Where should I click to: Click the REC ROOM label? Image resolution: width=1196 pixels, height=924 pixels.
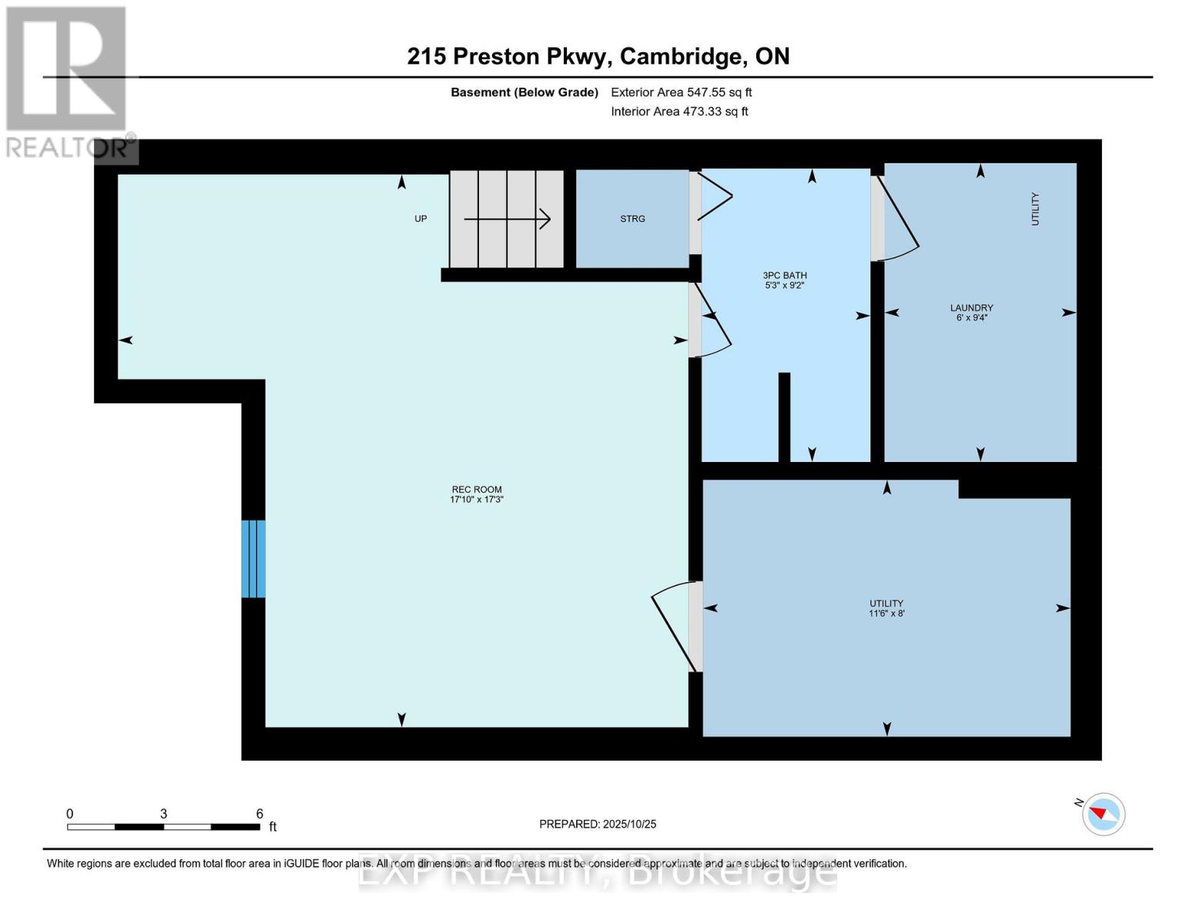pyautogui.click(x=476, y=489)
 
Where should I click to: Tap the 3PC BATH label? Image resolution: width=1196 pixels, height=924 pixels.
pyautogui.click(x=784, y=275)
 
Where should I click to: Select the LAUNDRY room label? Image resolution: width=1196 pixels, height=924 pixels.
pyautogui.click(x=971, y=307)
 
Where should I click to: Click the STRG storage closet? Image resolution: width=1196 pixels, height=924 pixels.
pyautogui.click(x=632, y=219)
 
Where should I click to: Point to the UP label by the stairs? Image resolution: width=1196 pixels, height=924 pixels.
pyautogui.click(x=420, y=219)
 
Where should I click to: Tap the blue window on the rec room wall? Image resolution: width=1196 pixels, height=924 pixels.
pyautogui.click(x=253, y=559)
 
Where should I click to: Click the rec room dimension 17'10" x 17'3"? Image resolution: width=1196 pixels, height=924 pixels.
pyautogui.click(x=476, y=500)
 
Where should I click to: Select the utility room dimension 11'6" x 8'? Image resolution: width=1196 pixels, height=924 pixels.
pyautogui.click(x=886, y=614)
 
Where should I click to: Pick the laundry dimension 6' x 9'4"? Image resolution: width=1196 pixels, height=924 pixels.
pyautogui.click(x=971, y=317)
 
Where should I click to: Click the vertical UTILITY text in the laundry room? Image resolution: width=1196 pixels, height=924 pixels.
pyautogui.click(x=1035, y=209)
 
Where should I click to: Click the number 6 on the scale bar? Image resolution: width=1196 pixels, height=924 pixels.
pyautogui.click(x=260, y=814)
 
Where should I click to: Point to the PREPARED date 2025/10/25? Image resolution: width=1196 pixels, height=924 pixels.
pyautogui.click(x=598, y=824)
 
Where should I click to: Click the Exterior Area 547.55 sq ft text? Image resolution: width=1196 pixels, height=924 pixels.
pyautogui.click(x=681, y=92)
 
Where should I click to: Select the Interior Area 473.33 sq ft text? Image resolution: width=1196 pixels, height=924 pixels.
pyautogui.click(x=679, y=112)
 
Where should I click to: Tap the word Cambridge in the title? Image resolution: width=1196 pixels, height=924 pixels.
pyautogui.click(x=682, y=56)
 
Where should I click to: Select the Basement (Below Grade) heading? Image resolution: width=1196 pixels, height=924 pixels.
pyautogui.click(x=524, y=92)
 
